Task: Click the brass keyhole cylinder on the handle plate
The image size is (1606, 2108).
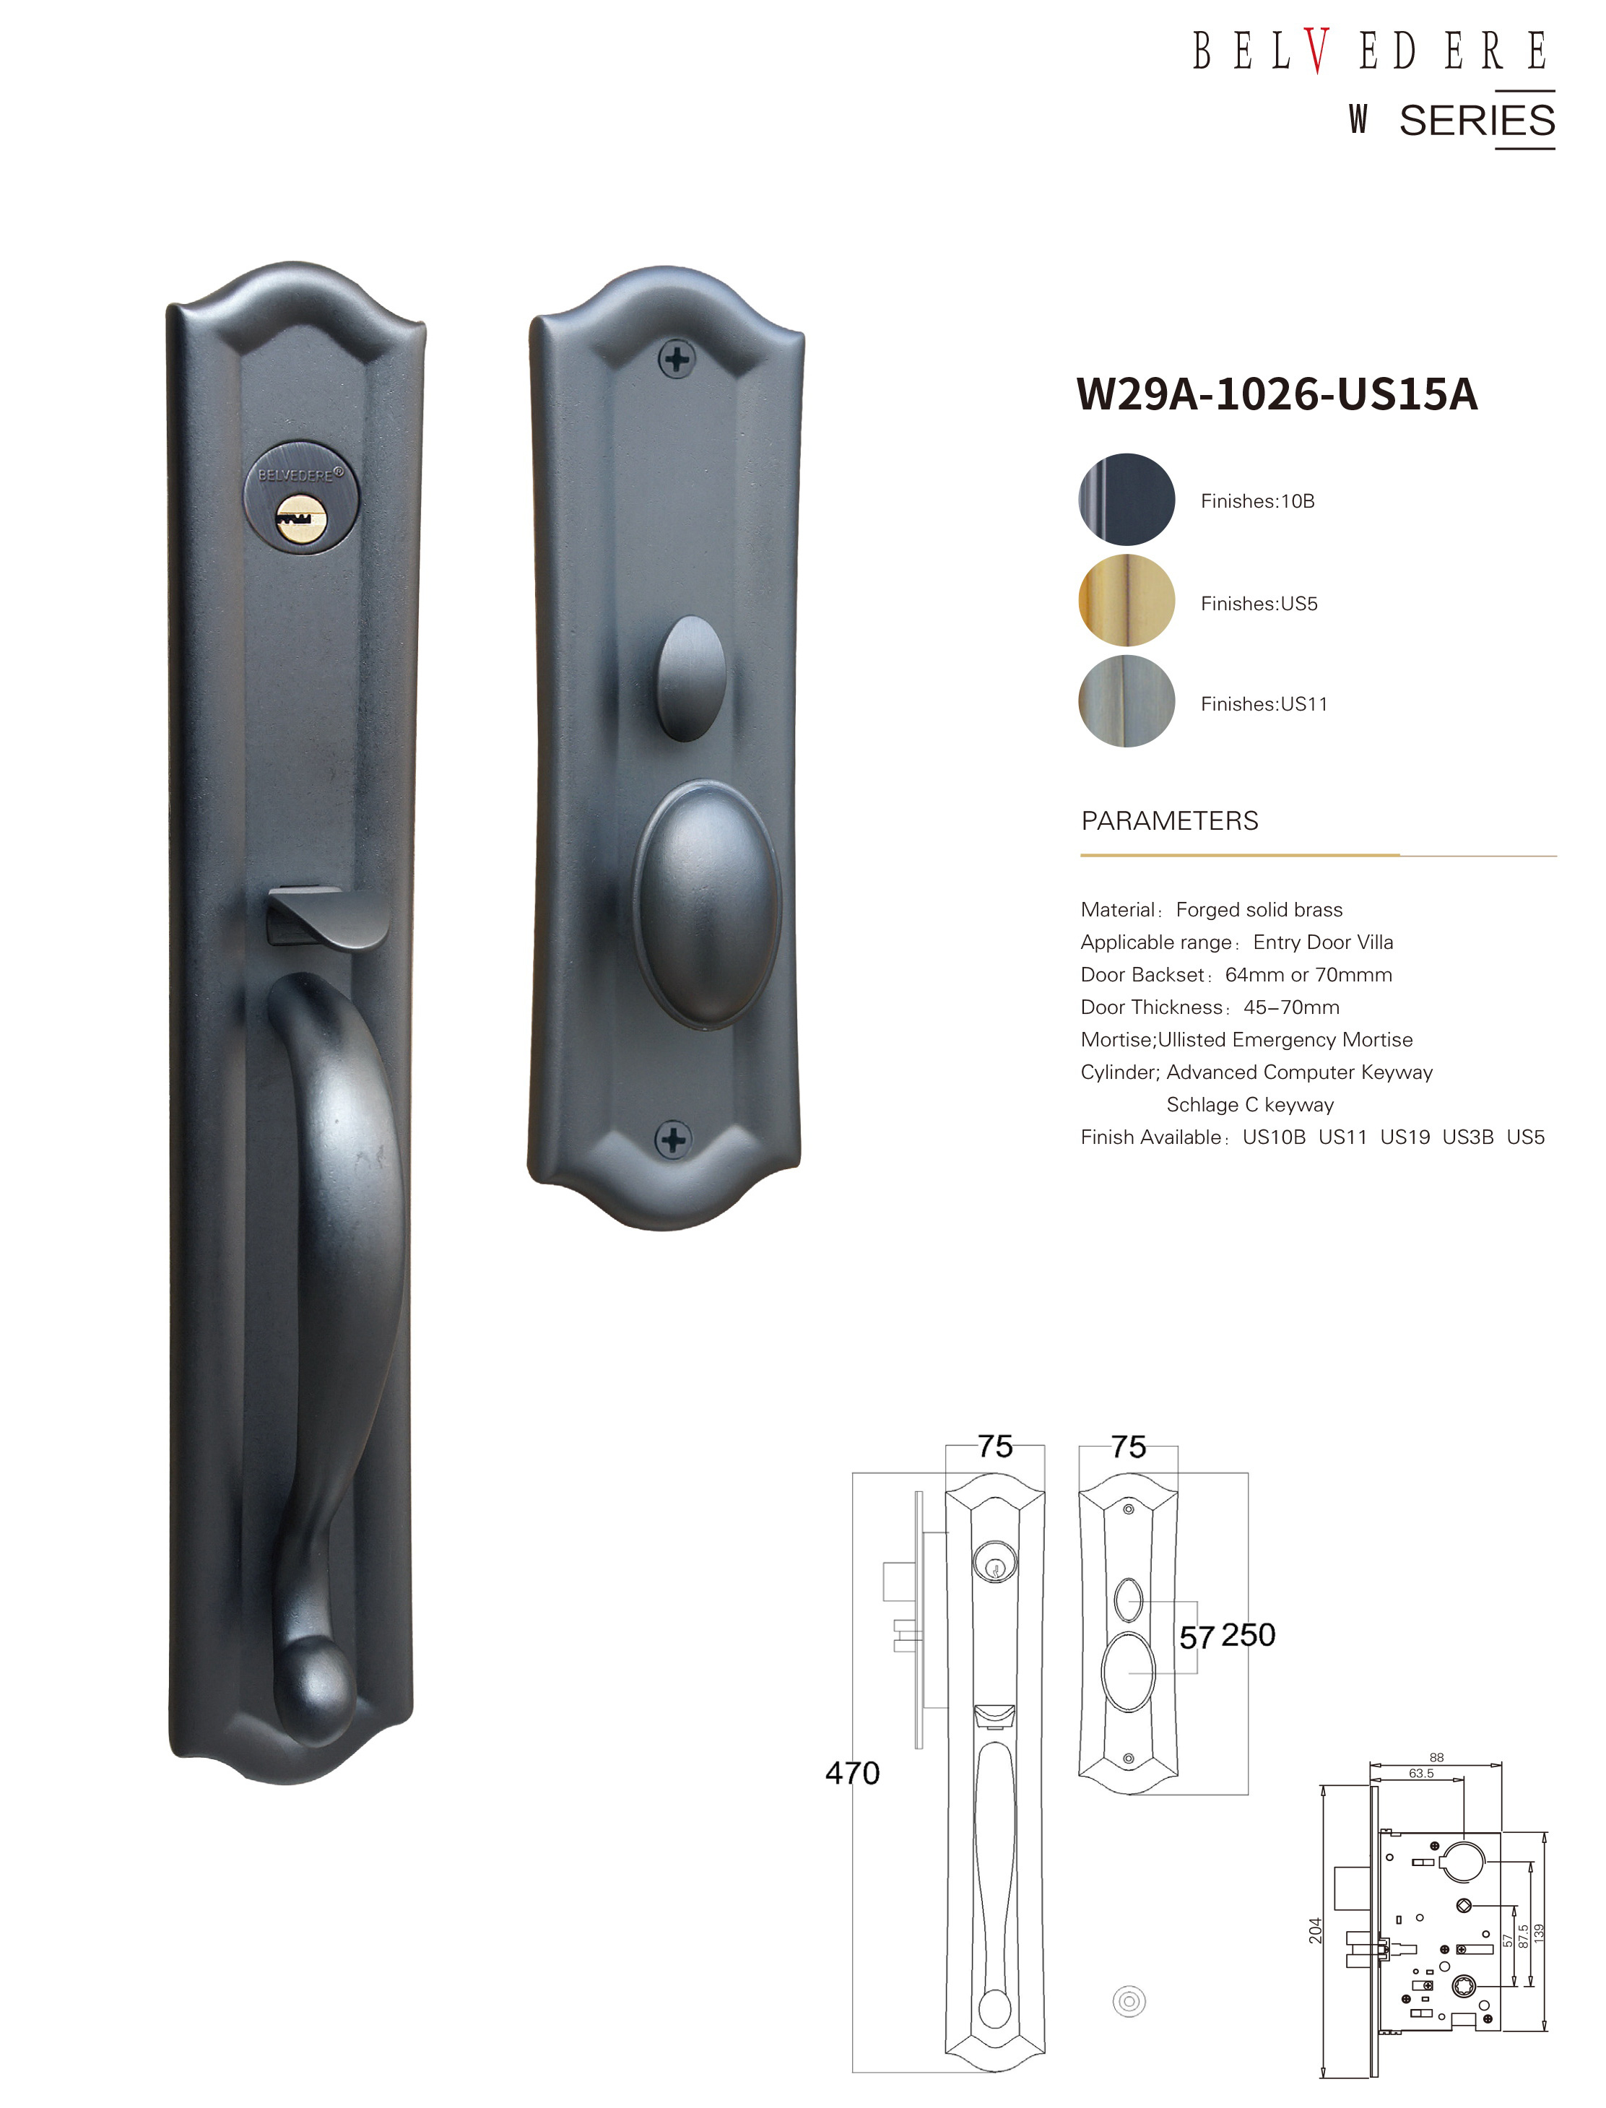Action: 301,520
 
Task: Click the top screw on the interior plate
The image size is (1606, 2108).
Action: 677,360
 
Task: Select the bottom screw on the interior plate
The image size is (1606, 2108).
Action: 673,1140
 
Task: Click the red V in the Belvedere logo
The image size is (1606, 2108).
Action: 1316,51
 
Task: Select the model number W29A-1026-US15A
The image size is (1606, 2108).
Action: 1277,394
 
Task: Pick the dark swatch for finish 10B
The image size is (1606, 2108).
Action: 1127,500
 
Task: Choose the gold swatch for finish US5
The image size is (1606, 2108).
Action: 1127,602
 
